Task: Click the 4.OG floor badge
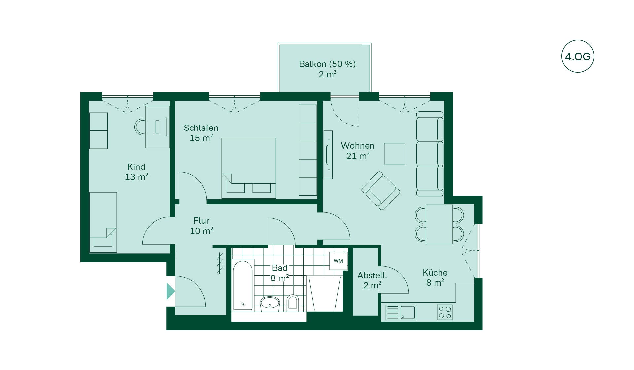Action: coord(578,56)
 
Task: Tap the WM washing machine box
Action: coord(338,261)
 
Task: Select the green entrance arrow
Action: coord(171,291)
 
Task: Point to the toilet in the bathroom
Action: coord(292,302)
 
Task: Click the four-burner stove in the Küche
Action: coord(445,312)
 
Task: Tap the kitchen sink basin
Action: coord(408,312)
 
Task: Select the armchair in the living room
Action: coord(380,191)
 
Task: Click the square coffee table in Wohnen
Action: coord(395,154)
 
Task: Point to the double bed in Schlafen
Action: coord(249,168)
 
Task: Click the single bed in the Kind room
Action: coord(103,222)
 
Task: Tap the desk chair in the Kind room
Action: coord(140,127)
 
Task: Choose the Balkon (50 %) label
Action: coord(327,64)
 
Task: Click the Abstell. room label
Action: coord(372,275)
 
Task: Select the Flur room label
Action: coord(201,221)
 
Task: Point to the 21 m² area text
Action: coord(358,156)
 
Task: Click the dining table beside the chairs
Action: coord(439,224)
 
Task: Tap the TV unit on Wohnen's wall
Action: coord(328,155)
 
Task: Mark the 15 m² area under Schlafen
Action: coord(201,138)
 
